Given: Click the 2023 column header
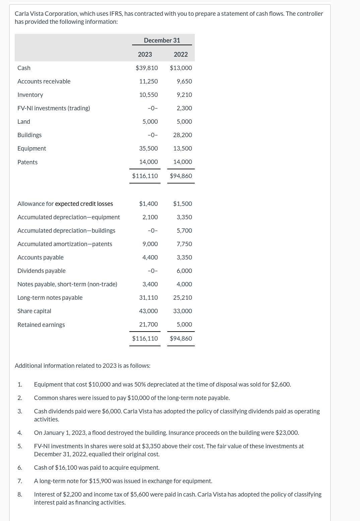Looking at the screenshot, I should click(145, 54).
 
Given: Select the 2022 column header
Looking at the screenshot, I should click(181, 54).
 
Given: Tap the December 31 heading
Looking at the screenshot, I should click(162, 40).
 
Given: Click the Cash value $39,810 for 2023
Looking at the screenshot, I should click(146, 68).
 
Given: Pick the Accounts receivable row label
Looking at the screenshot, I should click(44, 81).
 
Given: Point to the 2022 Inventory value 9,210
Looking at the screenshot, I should click(184, 95).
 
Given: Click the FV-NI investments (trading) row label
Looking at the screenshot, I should click(54, 108).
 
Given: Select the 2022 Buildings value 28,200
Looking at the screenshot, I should click(182, 135).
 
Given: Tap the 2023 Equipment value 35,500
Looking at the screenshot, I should click(148, 149).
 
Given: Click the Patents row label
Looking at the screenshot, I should click(27, 162).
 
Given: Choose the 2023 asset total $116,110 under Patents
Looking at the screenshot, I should click(145, 176).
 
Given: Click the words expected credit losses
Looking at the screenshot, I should click(84, 204).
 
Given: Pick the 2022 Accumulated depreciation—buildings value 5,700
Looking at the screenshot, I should click(184, 231).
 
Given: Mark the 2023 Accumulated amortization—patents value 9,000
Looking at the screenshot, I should click(150, 244).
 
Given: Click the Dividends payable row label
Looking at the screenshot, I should click(42, 271).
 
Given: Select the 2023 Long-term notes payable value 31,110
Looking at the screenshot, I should click(148, 298).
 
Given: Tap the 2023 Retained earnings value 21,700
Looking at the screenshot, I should click(148, 325).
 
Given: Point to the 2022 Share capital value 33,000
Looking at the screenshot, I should click(182, 311).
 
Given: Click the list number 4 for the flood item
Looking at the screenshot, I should click(20, 433).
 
